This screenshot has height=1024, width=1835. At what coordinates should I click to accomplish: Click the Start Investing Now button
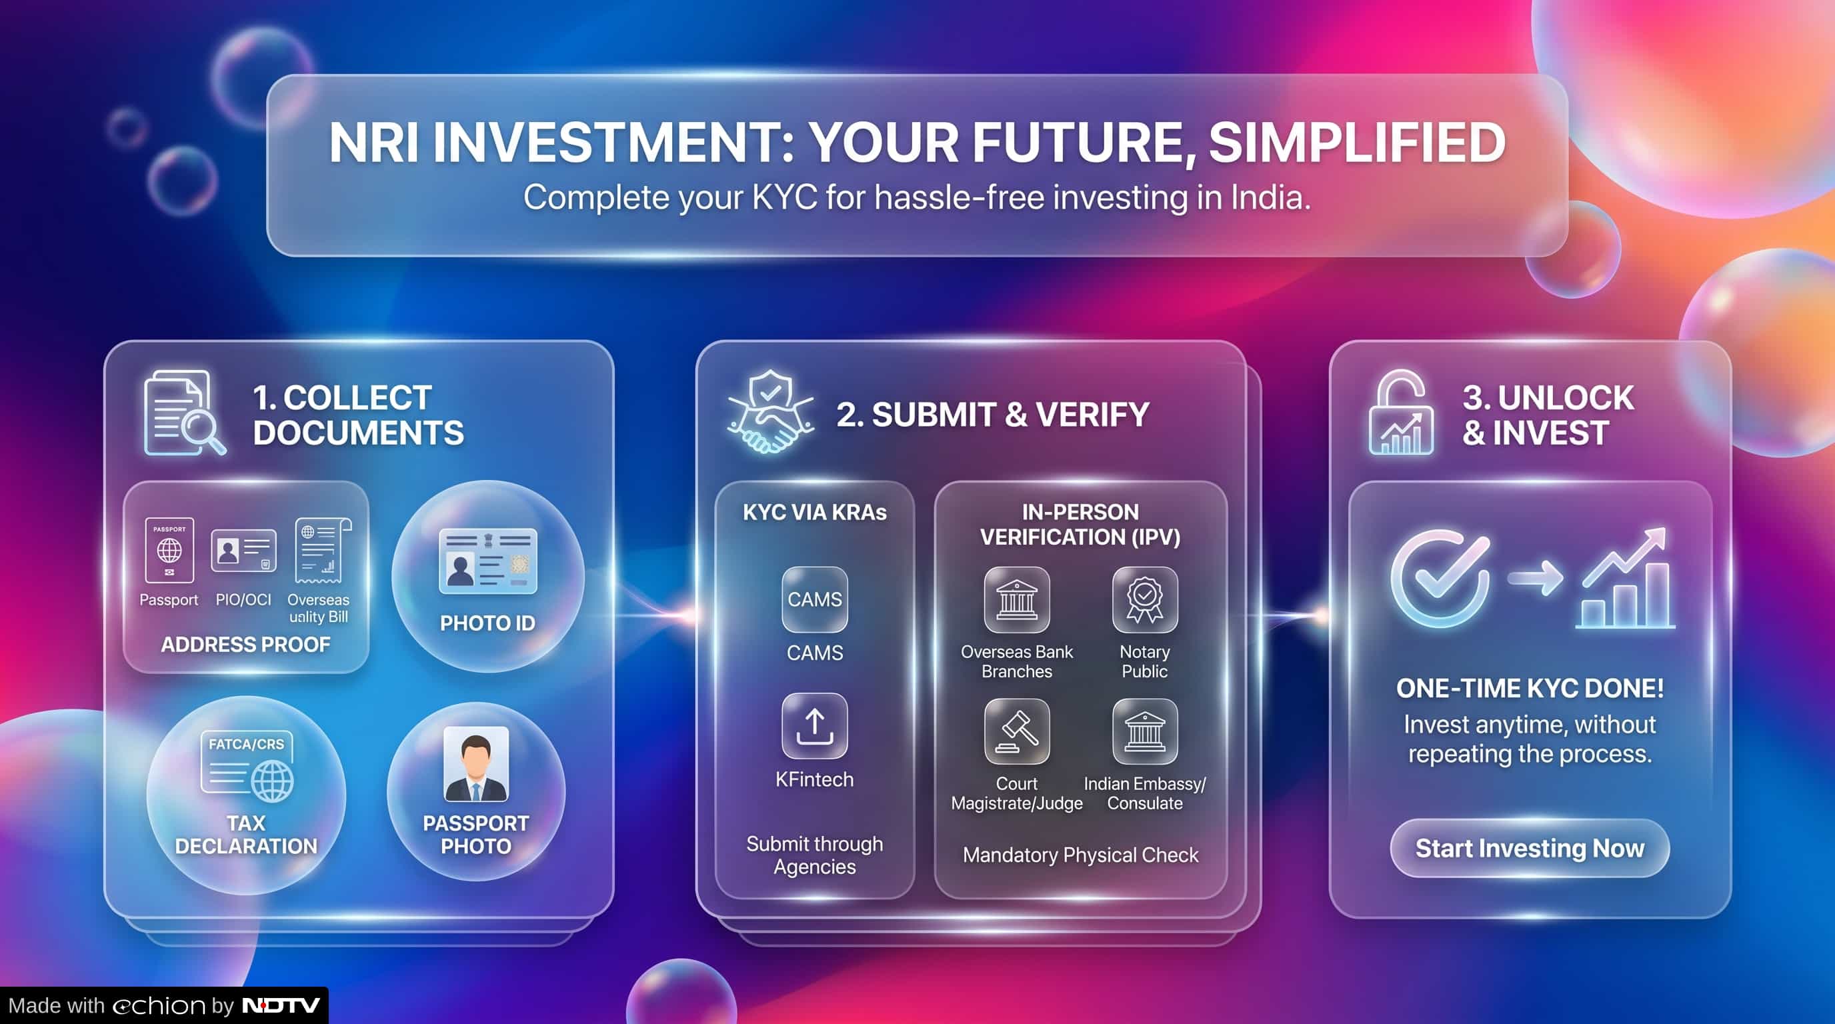(1530, 848)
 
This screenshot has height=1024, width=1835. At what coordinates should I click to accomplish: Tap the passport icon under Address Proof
(169, 551)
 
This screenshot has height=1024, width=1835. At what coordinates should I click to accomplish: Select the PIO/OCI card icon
(243, 551)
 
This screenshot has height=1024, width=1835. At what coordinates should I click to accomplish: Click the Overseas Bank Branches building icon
(1016, 599)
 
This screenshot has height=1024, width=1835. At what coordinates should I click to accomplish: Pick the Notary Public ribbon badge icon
(1145, 599)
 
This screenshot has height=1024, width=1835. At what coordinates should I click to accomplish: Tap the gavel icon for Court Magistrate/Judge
(1016, 731)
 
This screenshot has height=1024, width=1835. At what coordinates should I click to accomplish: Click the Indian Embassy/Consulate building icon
(1145, 731)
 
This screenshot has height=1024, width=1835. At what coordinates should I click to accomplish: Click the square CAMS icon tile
(814, 599)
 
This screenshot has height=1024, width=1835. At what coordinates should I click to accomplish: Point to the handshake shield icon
(771, 411)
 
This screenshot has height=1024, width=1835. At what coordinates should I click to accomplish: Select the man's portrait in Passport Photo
(476, 764)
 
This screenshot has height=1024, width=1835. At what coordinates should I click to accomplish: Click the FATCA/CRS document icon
(247, 765)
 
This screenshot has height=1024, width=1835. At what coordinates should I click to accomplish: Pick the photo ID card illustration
(488, 561)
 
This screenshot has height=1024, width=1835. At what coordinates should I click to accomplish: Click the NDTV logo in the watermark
(281, 1005)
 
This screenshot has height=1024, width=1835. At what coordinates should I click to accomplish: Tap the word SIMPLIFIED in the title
(1357, 143)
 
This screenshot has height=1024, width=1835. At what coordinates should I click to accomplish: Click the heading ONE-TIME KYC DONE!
(1530, 688)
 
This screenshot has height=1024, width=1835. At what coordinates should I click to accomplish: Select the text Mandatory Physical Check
(1081, 855)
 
